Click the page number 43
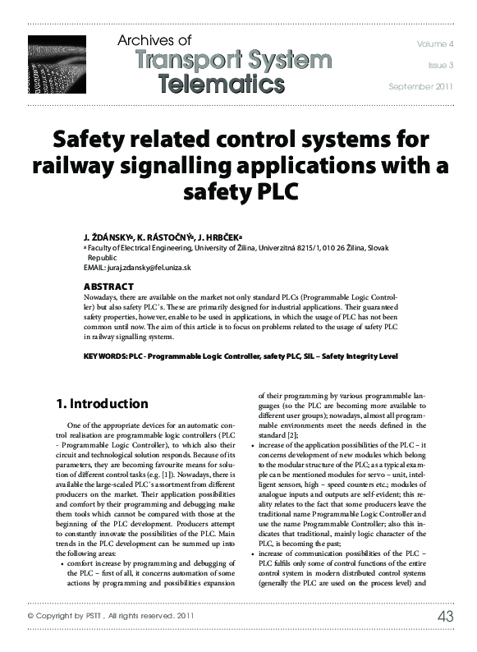445,640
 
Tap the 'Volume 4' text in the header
433,42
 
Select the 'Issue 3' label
440,63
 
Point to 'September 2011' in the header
420,85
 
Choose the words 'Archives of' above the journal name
155,39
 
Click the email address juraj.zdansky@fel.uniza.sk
149,267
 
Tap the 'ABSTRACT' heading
109,286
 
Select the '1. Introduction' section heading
103,404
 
